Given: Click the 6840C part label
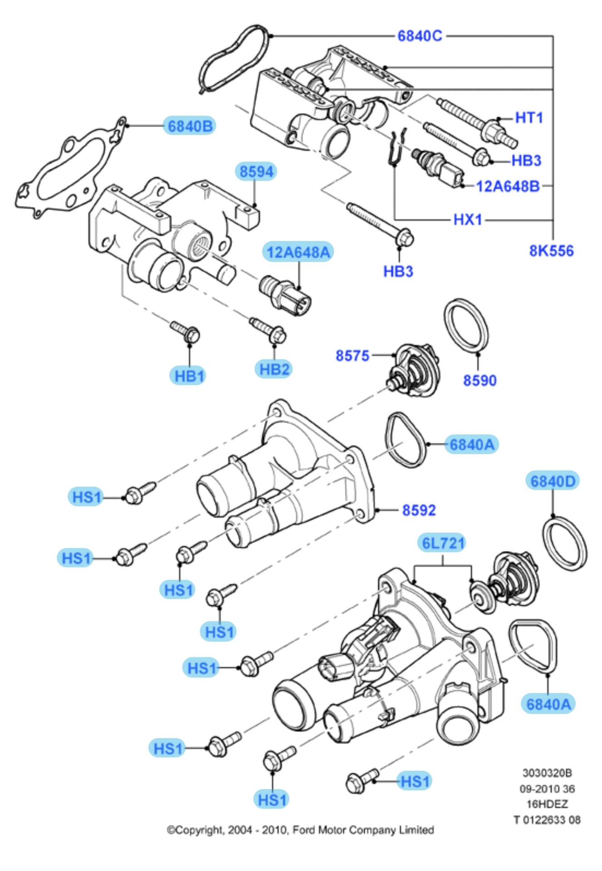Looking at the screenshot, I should (420, 36).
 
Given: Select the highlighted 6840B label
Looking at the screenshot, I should (190, 126).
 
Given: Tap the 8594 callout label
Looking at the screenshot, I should (256, 171).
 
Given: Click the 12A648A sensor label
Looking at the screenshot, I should (298, 252).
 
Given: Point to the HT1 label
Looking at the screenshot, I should (529, 118).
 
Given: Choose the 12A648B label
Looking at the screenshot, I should (508, 186).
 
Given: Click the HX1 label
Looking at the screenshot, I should (468, 220).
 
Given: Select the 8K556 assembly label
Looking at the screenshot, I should (551, 251).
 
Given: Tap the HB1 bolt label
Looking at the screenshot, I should (190, 376).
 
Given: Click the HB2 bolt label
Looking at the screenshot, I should (274, 369).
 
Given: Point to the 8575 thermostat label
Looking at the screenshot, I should (352, 356).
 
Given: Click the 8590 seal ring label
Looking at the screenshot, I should (480, 380).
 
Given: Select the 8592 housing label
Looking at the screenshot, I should (419, 510).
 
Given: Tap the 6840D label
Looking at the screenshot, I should (553, 481).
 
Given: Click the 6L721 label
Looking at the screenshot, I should (443, 543).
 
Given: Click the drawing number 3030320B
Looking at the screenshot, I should (547, 773).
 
